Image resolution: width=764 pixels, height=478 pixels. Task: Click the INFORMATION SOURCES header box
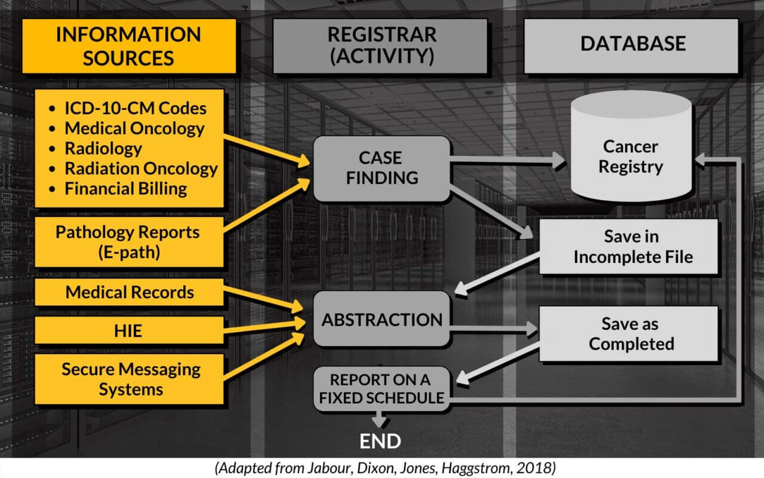[x=129, y=46]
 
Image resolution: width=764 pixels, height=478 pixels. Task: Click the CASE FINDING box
[x=381, y=168]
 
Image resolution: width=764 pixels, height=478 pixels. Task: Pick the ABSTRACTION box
[x=381, y=319]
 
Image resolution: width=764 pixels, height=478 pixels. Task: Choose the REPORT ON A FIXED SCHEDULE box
[x=381, y=388]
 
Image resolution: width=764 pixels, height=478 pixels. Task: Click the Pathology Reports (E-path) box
[x=129, y=241]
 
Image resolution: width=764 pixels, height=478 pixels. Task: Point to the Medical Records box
[x=129, y=292]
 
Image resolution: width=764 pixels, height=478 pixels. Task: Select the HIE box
[x=129, y=330]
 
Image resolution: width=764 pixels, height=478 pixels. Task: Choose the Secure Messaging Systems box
[x=129, y=379]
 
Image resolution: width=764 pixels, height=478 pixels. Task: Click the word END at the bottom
[x=380, y=442]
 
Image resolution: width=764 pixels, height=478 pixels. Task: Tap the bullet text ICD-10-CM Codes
[x=135, y=108]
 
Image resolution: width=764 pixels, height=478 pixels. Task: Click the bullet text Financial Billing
[x=125, y=189]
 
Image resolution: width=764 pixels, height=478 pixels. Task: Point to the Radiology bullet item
[x=103, y=148]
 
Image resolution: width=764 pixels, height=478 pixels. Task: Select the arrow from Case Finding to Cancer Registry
[x=507, y=160]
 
